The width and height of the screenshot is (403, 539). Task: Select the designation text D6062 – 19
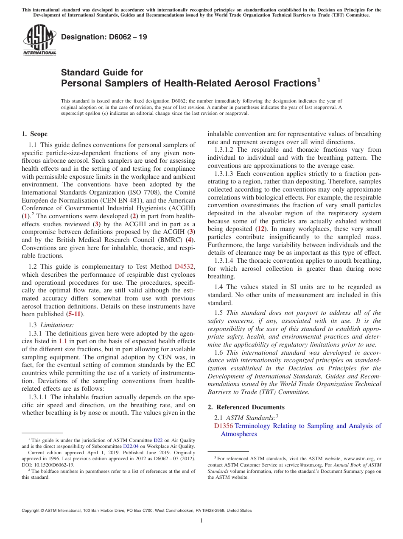[x=104, y=37]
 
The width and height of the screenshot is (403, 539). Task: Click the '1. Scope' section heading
[x=35, y=134]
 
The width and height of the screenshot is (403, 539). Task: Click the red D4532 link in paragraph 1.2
[x=184, y=267]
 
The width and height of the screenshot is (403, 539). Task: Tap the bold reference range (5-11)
[x=74, y=314]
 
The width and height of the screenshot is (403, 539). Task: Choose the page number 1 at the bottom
[x=201, y=520]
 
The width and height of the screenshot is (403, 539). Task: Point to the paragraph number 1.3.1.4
[x=225, y=261]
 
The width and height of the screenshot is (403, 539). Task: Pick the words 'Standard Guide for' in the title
[x=102, y=72]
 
